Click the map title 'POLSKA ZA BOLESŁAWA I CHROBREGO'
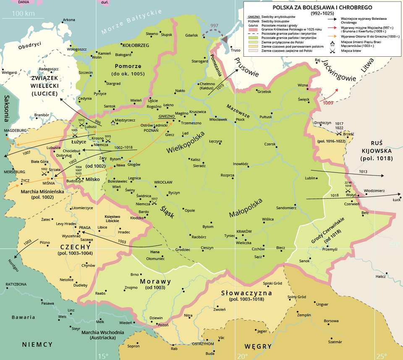tap(322, 7)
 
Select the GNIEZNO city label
tap(166, 116)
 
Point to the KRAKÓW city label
tap(244, 232)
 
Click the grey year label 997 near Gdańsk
tap(214, 26)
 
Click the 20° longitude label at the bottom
tap(243, 356)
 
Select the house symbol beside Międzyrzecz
tap(113, 123)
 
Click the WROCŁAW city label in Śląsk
tap(163, 182)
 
